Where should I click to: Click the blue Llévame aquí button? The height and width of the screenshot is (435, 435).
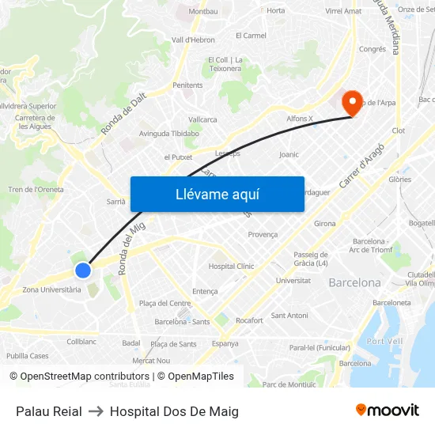pos(217,195)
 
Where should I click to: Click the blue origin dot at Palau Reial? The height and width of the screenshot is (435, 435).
pos(83,271)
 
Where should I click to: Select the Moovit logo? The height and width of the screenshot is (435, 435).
pos(387,410)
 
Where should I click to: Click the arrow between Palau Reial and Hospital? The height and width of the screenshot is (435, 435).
pos(96,411)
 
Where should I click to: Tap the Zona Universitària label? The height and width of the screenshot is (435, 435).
pos(51,289)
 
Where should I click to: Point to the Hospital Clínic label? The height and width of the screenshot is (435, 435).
pos(231,267)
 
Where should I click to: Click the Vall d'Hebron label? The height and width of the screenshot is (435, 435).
pos(193,40)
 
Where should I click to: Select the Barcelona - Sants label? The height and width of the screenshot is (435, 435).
pos(182,322)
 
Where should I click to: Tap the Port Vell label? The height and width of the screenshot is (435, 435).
pos(385,341)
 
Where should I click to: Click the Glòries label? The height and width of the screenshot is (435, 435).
pos(399,180)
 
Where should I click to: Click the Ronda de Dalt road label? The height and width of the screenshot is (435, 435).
pos(123,114)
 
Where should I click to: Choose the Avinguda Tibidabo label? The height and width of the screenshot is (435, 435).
pos(168,134)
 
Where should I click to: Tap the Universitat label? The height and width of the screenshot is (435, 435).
pos(293,281)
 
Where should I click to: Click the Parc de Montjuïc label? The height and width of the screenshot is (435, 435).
pos(289,384)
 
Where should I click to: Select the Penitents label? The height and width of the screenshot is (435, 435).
pos(188,85)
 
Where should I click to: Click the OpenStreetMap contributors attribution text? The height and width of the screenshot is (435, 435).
pos(85,376)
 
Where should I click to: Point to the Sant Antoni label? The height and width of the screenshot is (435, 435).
pos(289,316)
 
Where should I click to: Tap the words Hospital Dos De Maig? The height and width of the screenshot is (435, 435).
pos(174,411)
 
